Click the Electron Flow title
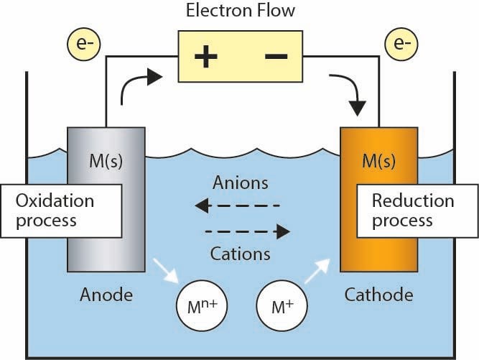pos(241,11)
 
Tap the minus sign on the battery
pos(276,57)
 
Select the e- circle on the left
pos(84,45)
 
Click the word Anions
pos(240,183)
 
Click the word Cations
pos(240,254)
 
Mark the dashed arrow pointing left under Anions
pos(238,207)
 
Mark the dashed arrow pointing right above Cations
pos(247,231)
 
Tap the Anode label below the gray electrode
pos(107,295)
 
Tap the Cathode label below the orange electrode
pos(378,295)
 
